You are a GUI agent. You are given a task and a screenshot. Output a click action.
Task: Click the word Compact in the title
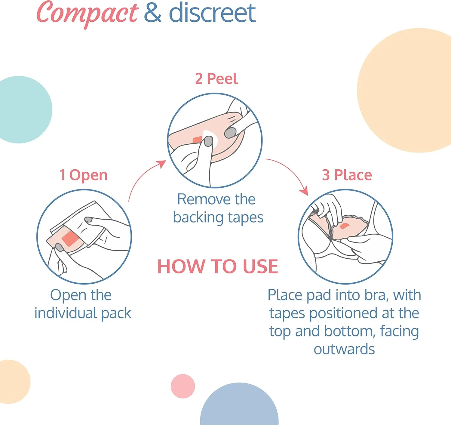tap(87, 14)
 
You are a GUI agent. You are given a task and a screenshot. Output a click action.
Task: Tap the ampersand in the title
tap(153, 14)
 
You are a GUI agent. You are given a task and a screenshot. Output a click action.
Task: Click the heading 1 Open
tap(84, 175)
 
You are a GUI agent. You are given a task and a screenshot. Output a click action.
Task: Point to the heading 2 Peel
tap(216, 79)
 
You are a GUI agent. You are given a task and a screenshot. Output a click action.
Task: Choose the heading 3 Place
tap(347, 175)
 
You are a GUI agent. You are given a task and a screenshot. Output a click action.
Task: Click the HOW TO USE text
tap(218, 266)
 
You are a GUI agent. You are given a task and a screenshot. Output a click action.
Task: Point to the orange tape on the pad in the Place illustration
tap(345, 226)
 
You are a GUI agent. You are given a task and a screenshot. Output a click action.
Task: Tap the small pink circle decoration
tap(183, 386)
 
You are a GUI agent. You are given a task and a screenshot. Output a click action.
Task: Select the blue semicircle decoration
tap(239, 405)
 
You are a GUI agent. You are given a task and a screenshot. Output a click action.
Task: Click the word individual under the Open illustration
tap(66, 313)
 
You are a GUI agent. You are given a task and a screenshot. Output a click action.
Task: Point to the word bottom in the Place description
tap(348, 331)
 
